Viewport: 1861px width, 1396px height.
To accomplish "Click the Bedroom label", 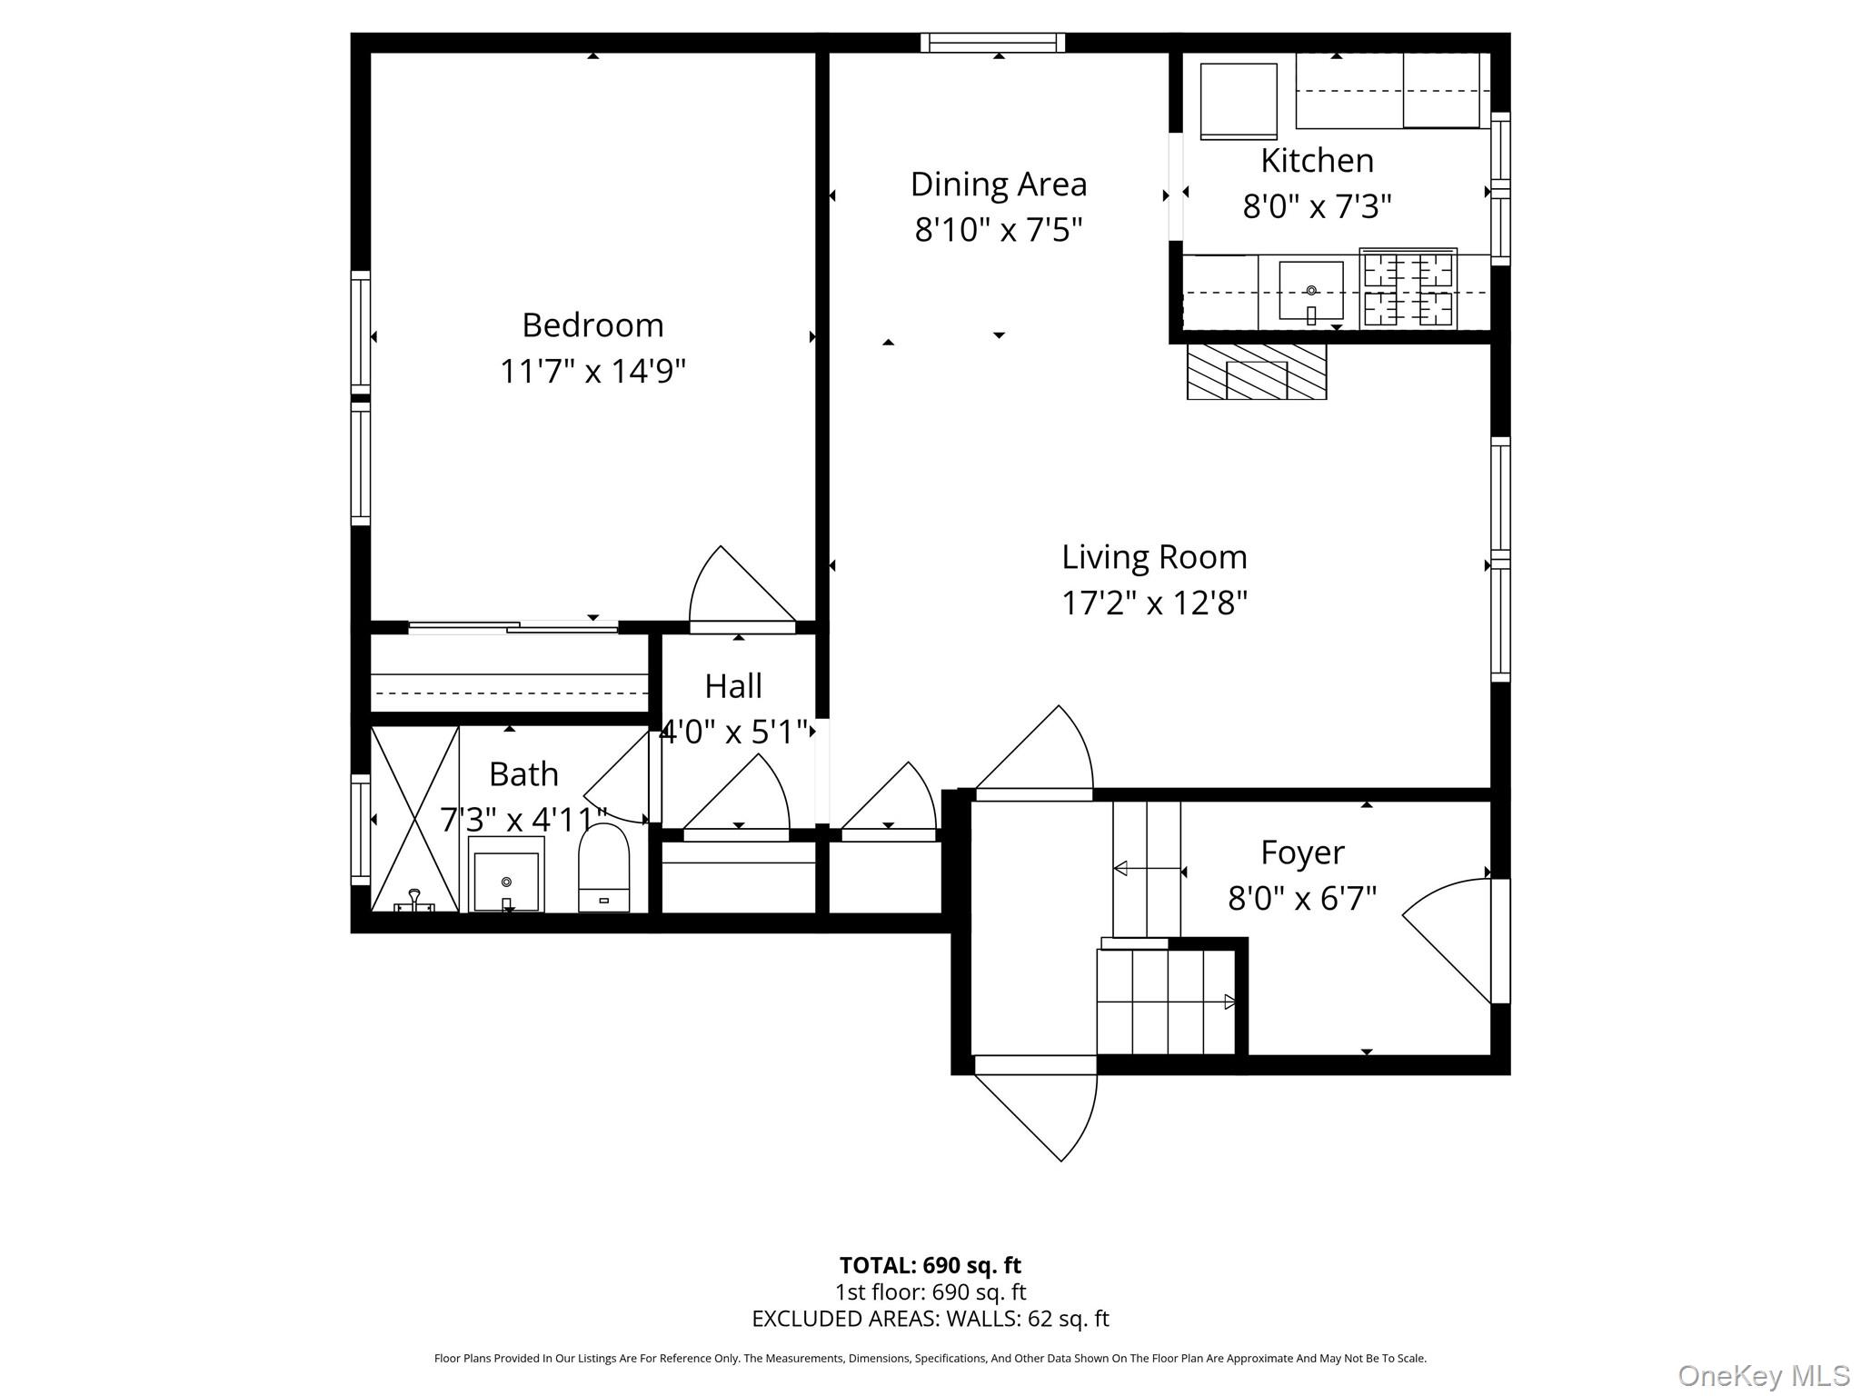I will tap(592, 325).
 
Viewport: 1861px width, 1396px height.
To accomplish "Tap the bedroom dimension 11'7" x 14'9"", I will tap(592, 371).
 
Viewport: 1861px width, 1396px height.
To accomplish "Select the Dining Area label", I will tap(999, 184).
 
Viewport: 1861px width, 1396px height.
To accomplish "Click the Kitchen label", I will tap(1317, 161).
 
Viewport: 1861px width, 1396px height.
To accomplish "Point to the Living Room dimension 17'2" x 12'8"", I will tap(1154, 603).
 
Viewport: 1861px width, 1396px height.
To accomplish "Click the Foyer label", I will tap(1302, 853).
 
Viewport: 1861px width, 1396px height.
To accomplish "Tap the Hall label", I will tap(733, 686).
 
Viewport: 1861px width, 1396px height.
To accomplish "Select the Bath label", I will tap(523, 774).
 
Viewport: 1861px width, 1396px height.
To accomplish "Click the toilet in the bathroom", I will tap(604, 868).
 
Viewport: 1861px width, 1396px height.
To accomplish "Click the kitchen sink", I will tap(1310, 291).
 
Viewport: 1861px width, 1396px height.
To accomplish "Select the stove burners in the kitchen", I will tap(1408, 289).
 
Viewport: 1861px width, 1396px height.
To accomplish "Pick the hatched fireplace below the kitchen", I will tap(1257, 372).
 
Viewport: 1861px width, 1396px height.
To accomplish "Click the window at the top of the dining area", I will tap(992, 42).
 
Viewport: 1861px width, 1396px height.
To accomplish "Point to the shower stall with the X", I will tap(414, 818).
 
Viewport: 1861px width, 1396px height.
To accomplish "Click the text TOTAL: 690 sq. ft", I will tap(930, 1265).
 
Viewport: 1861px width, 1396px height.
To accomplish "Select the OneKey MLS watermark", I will tap(1763, 1375).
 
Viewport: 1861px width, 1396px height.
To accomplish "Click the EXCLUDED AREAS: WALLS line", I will tap(930, 1319).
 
